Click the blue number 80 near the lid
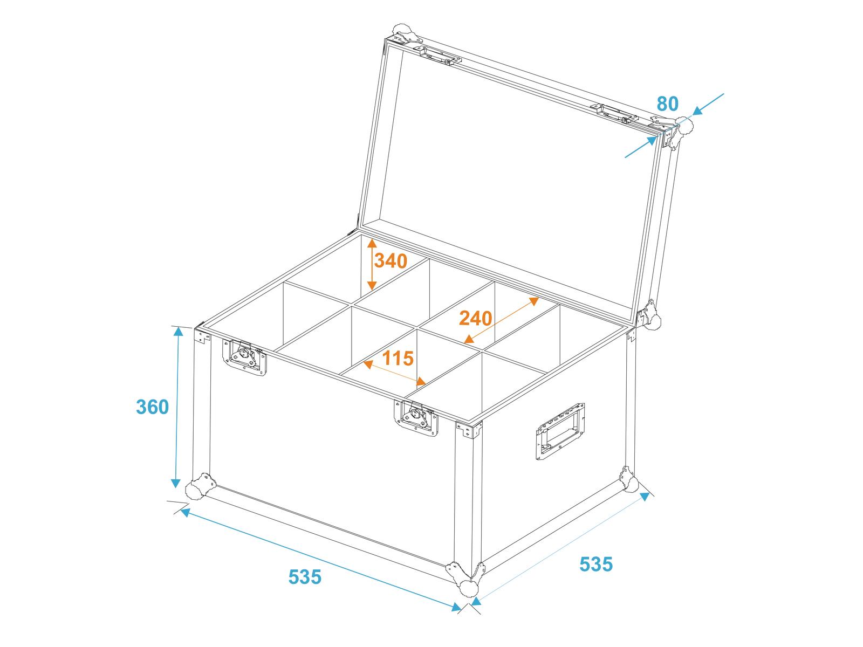point(667,104)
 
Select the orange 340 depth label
point(391,261)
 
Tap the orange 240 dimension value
point(475,318)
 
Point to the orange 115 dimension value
point(398,358)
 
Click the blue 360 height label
point(152,407)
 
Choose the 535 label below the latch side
point(305,577)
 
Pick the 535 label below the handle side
point(596,564)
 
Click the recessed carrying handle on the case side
point(560,431)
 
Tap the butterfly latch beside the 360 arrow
point(244,357)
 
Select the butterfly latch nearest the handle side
point(416,417)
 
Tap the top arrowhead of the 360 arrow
point(179,332)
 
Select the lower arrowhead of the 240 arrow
point(469,339)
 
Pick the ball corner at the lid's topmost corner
point(402,31)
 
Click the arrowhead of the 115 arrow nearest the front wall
point(421,381)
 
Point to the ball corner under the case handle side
point(628,479)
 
